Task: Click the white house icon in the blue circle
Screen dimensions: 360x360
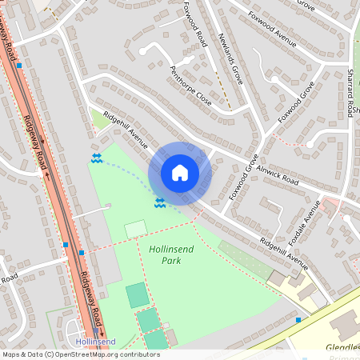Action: [x=180, y=173]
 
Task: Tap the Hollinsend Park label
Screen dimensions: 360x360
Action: [x=170, y=254]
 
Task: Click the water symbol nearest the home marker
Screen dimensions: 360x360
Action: [x=160, y=202]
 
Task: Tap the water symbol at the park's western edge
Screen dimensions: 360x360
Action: [x=97, y=158]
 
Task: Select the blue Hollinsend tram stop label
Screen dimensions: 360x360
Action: [x=95, y=342]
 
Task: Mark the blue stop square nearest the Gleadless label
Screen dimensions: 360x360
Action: [x=298, y=320]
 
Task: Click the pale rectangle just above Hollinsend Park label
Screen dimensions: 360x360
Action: [x=135, y=230]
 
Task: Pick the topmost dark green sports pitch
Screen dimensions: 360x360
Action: [x=138, y=294]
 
